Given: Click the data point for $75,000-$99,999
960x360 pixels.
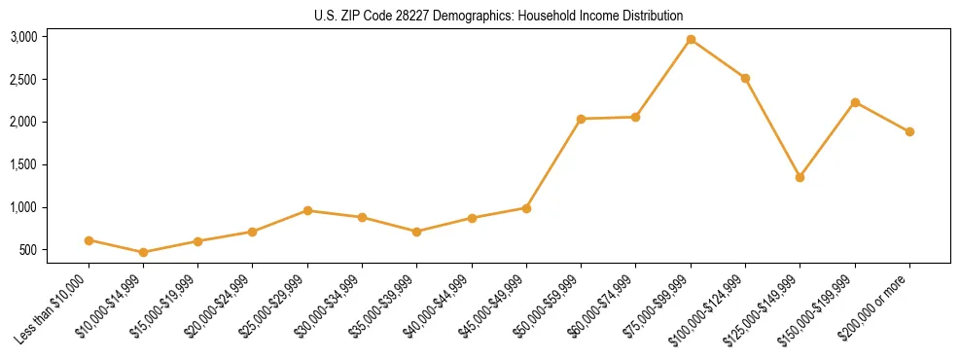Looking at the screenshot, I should [x=691, y=39].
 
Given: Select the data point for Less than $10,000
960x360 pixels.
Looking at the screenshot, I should [x=89, y=240].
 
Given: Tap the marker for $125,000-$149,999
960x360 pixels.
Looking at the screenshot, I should [x=800, y=177].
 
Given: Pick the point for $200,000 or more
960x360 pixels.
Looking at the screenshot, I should [x=909, y=131].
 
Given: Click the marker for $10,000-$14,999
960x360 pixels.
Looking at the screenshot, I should [x=143, y=252].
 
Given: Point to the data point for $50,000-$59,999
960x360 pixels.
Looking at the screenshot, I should [x=581, y=119].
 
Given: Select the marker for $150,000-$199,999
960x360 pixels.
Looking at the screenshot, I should [x=855, y=102].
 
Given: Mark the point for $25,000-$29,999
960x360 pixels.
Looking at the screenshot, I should [x=307, y=210].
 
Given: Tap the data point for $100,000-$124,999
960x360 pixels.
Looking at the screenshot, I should [x=745, y=78].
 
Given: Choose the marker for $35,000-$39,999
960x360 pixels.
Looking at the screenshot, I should [x=416, y=232].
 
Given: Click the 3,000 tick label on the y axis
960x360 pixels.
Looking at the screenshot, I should [x=23, y=37].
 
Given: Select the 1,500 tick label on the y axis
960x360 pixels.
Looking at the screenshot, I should [x=23, y=164].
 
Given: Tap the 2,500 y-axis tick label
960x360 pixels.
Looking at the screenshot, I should [x=23, y=79].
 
